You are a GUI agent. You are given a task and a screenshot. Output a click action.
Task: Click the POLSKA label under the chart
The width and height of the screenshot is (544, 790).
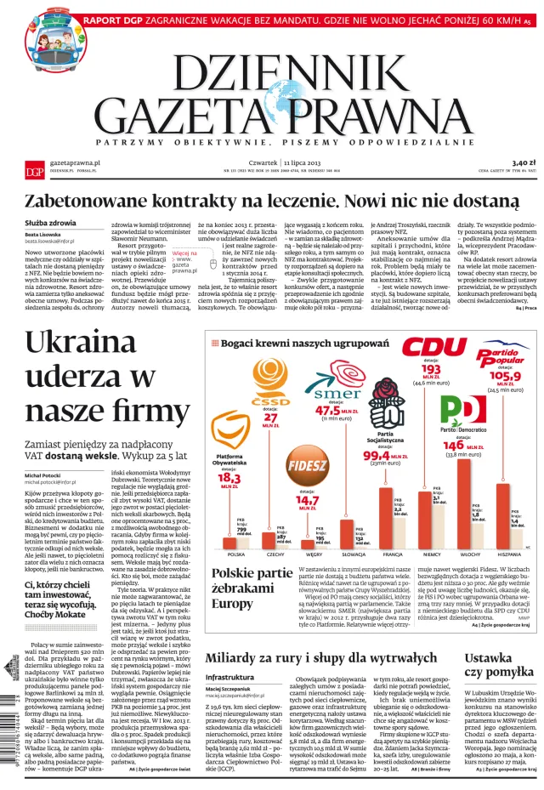coord(236,554)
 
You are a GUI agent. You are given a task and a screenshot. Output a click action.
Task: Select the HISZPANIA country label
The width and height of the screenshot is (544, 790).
coord(509,554)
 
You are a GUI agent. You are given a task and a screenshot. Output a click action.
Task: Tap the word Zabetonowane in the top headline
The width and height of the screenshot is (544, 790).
coord(93,201)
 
